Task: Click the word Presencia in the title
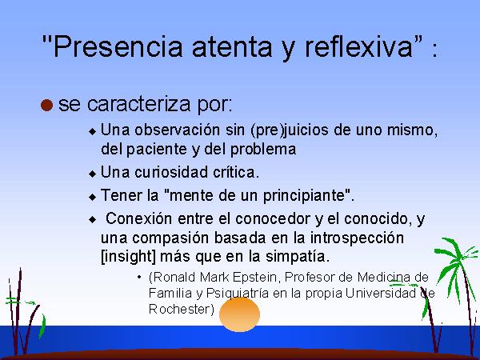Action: (x=118, y=46)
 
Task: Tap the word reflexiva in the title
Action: (x=358, y=46)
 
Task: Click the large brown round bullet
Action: (x=47, y=105)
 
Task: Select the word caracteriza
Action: (x=138, y=104)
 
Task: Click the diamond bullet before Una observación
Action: (x=92, y=132)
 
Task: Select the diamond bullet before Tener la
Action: (x=92, y=197)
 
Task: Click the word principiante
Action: (x=304, y=196)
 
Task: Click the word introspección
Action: (x=357, y=238)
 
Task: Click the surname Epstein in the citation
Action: (x=254, y=278)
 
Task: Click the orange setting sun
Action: (x=240, y=314)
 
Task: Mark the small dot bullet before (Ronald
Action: (x=139, y=278)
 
